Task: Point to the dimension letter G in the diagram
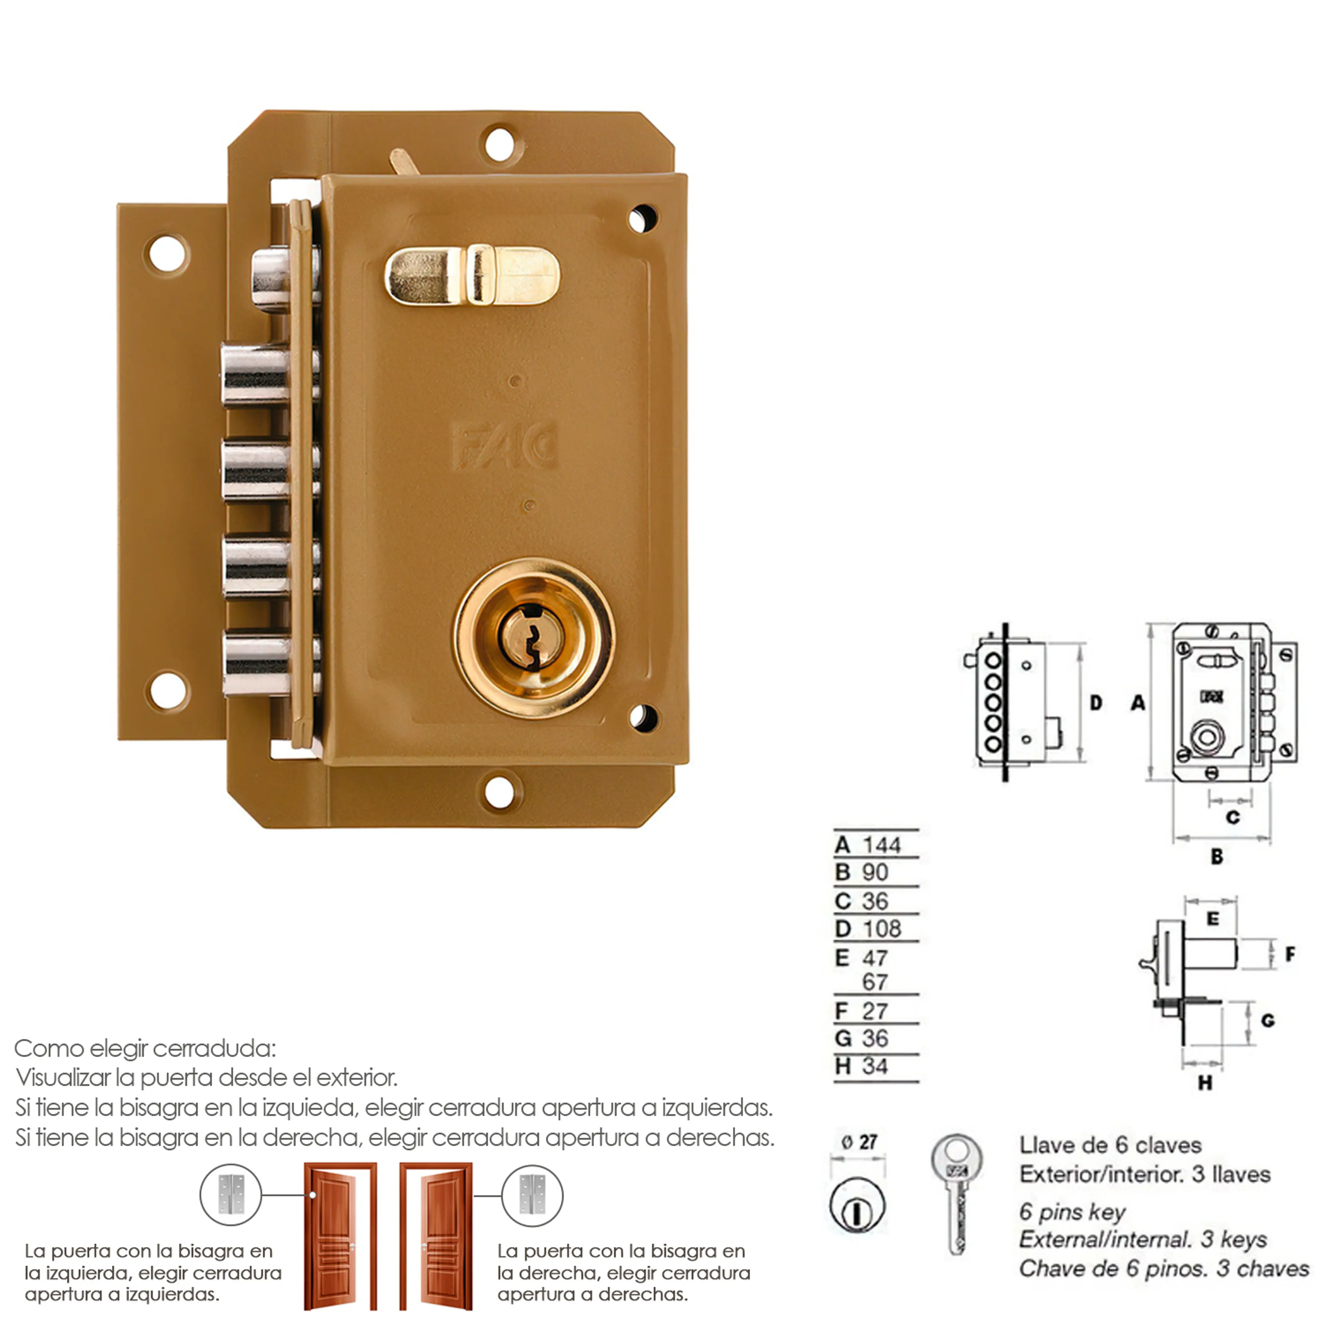1268,1021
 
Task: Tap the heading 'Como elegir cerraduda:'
145,1048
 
